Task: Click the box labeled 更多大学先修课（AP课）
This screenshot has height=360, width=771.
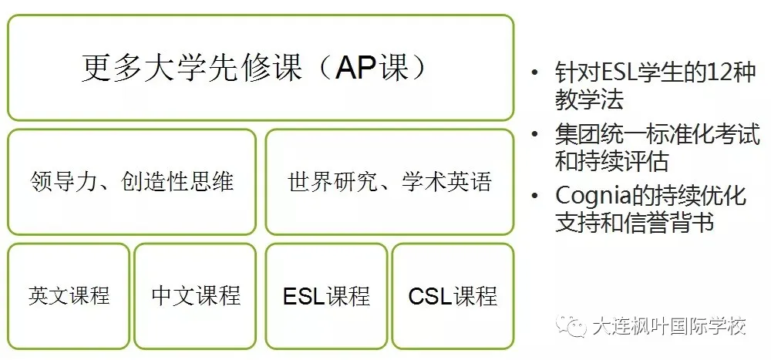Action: (x=260, y=67)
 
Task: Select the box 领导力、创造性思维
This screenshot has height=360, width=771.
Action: (x=131, y=182)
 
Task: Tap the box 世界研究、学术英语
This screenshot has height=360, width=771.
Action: (x=389, y=182)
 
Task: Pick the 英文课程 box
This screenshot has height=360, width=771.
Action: (x=69, y=294)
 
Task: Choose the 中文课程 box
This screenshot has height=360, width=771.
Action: (x=195, y=294)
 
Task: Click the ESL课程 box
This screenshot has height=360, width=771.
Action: (x=326, y=295)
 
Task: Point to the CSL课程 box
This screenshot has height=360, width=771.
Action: (x=453, y=295)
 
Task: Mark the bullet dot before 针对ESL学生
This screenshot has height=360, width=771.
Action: (x=535, y=74)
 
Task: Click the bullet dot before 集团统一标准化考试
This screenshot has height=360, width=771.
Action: (x=535, y=135)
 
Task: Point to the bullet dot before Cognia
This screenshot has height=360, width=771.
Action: (x=535, y=197)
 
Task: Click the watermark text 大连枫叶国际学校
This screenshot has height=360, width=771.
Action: (x=669, y=326)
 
